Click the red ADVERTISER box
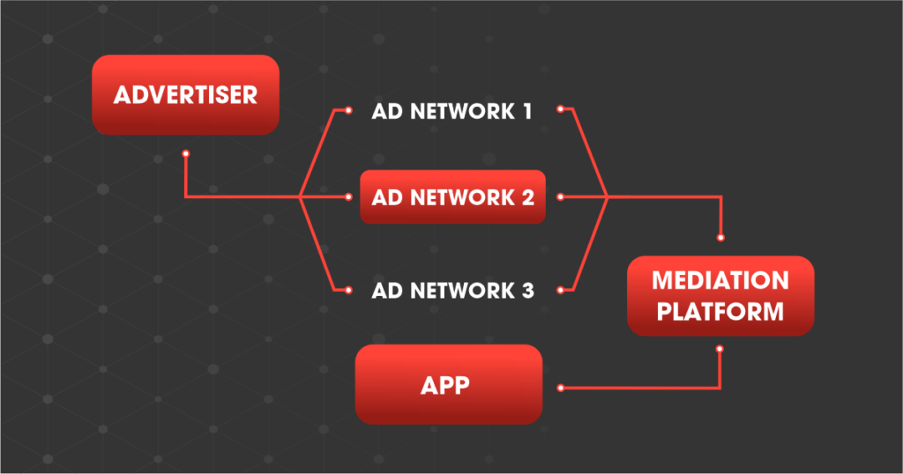pyautogui.click(x=185, y=94)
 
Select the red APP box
pyautogui.click(x=448, y=384)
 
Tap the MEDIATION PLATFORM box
pyautogui.click(x=720, y=295)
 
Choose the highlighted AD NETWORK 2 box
pyautogui.click(x=452, y=196)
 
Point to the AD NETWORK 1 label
pyautogui.click(x=452, y=112)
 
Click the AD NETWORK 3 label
pyautogui.click(x=452, y=290)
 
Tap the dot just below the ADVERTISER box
pyautogui.click(x=185, y=154)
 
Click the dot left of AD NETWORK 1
pyautogui.click(x=349, y=111)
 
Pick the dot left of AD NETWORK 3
pyautogui.click(x=349, y=289)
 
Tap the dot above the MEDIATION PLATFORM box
pyautogui.click(x=721, y=237)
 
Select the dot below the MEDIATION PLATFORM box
pyautogui.click(x=720, y=350)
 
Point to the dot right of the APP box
pyautogui.click(x=561, y=387)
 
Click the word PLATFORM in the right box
pyautogui.click(x=720, y=311)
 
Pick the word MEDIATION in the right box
pyautogui.click(x=720, y=281)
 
